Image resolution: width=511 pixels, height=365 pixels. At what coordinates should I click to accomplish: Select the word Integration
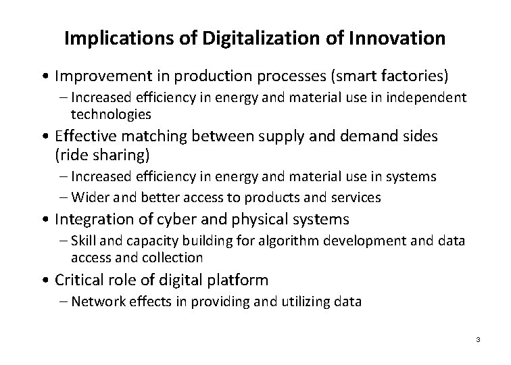[x=92, y=219]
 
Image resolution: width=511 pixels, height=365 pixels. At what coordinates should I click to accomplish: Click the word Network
[x=95, y=302]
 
